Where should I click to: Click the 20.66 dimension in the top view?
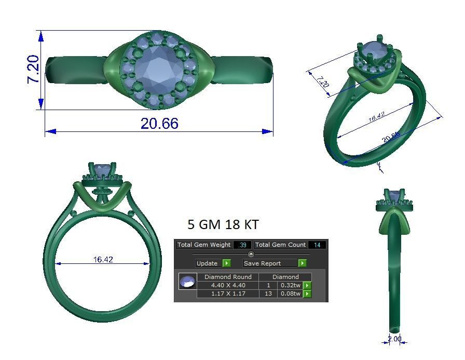[x=159, y=124]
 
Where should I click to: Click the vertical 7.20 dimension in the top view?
[x=33, y=70]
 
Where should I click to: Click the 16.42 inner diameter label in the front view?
[x=103, y=260]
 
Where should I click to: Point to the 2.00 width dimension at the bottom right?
[x=394, y=339]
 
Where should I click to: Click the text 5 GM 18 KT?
[x=223, y=224]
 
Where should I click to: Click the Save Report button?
[x=269, y=263]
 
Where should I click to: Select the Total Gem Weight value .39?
[x=242, y=245]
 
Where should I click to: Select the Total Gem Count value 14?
[x=317, y=245]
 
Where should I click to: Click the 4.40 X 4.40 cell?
[x=228, y=285]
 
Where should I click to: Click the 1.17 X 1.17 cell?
[x=228, y=294]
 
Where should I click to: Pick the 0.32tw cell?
[x=290, y=285]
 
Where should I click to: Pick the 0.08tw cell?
[x=290, y=294]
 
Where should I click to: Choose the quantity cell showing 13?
[x=268, y=294]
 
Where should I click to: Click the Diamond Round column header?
[x=228, y=277]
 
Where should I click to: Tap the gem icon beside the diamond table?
[x=187, y=282]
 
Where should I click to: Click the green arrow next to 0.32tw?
[x=307, y=285]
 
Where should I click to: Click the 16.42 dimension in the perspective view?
[x=376, y=117]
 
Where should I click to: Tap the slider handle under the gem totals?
[x=251, y=254]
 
